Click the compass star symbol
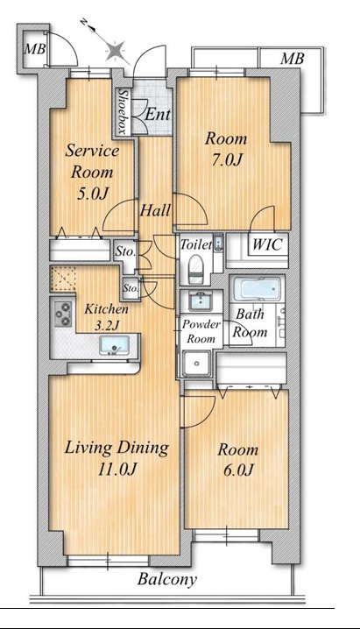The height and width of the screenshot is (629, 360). tap(116, 52)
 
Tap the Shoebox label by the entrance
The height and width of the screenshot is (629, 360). tap(124, 111)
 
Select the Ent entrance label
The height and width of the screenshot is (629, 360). tap(157, 115)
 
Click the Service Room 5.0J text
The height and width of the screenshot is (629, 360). tap(92, 172)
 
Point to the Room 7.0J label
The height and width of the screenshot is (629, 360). tap(227, 149)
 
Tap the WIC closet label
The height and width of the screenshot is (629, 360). tap(267, 244)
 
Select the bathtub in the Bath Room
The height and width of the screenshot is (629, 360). tap(257, 289)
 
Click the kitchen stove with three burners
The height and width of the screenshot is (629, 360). tap(63, 314)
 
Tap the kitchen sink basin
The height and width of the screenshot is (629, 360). tap(114, 344)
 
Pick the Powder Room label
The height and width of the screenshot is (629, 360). tap(201, 331)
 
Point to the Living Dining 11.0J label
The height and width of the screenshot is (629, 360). tap(116, 458)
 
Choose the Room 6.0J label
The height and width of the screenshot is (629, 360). tap(237, 460)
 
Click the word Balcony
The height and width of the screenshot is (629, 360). tap(167, 579)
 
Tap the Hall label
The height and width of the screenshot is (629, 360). tap(155, 210)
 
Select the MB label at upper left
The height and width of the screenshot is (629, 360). tap(35, 49)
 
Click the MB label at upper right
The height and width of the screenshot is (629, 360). tap(293, 59)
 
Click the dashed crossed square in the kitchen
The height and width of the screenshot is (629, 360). tap(64, 279)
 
